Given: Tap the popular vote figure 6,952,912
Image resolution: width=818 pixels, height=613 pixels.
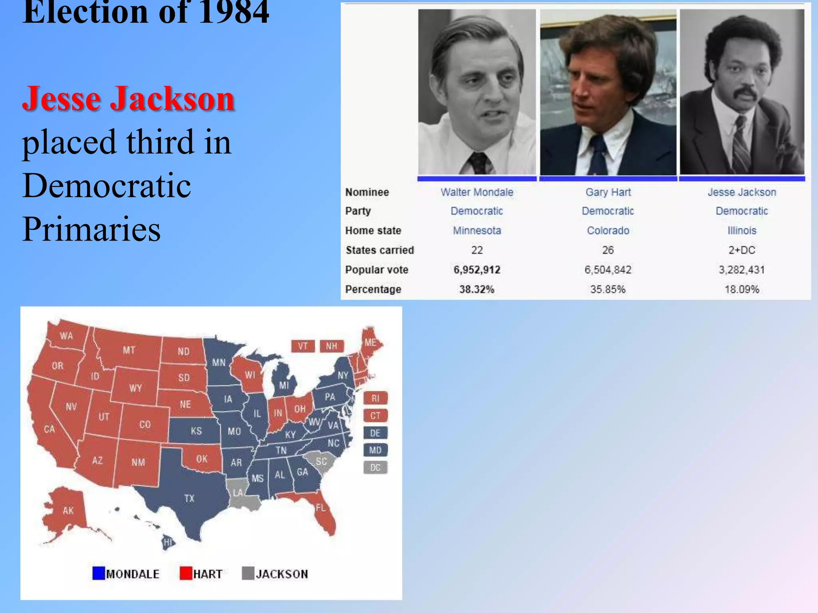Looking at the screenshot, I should pos(477,270).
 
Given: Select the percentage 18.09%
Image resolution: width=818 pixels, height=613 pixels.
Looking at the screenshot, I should pos(742,289).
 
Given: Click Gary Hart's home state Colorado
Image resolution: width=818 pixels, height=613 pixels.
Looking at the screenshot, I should pos(608,231).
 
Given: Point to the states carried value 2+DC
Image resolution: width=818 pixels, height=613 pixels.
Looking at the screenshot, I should pos(742,250).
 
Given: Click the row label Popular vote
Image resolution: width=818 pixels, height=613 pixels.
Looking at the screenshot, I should pos(377,270).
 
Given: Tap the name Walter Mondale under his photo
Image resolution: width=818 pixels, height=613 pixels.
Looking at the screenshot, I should pos(477,192).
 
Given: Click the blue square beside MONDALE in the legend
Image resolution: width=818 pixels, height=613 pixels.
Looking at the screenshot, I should pos(98,573).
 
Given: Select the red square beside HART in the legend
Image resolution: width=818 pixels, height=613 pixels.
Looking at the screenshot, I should pos(186,573).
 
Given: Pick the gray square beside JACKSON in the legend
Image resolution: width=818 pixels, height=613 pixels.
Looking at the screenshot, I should pos(248,573).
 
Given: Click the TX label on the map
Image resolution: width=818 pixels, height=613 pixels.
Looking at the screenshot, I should pos(189,498).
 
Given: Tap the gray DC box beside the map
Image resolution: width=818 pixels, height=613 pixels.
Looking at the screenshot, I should pos(375,467).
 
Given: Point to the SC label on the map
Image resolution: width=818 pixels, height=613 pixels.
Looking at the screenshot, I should pos(321,462).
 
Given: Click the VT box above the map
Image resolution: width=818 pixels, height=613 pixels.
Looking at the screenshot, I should pos(303,346).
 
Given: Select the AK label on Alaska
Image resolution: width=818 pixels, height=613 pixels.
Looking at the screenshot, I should pos(68,510).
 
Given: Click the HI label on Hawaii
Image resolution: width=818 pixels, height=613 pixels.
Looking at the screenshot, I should pos(168,542).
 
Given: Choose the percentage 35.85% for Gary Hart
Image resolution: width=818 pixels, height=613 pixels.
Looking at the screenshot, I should pos(608,289).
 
